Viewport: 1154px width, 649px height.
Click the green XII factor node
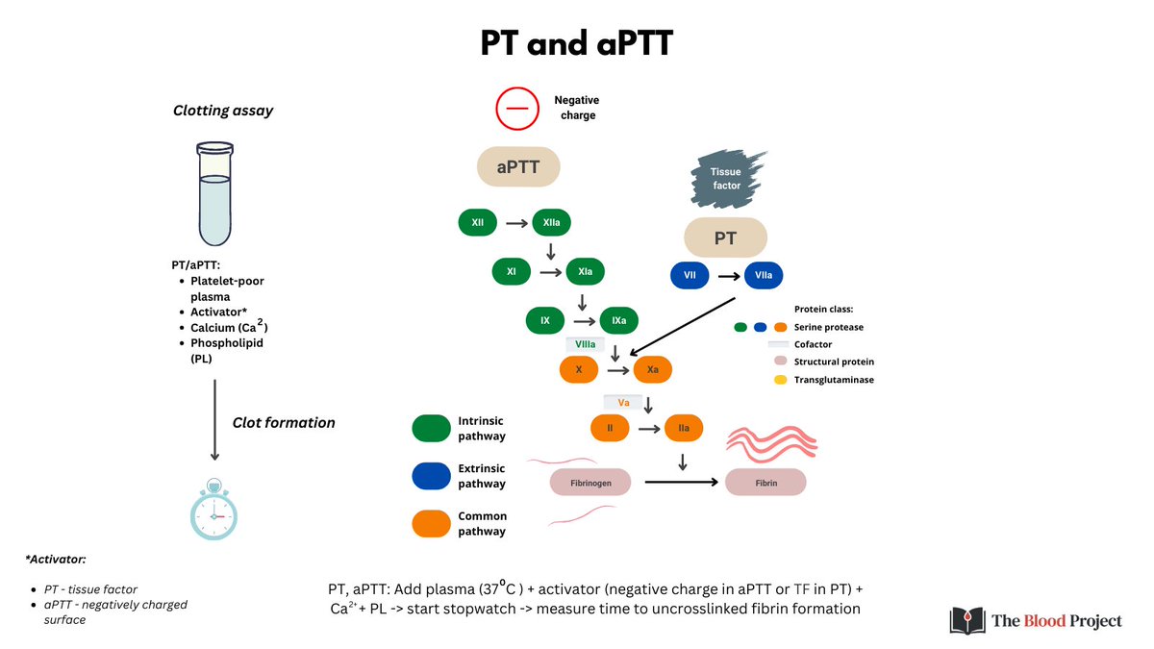pyautogui.click(x=478, y=223)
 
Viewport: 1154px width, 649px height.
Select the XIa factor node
pyautogui.click(x=585, y=272)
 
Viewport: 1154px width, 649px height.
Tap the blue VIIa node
pyautogui.click(x=764, y=276)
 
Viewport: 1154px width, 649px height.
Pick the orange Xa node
pyautogui.click(x=652, y=369)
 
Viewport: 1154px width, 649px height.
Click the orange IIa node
pyautogui.click(x=683, y=428)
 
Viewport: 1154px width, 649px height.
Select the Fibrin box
pyautogui.click(x=765, y=482)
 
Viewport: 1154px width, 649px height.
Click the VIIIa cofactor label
pyautogui.click(x=586, y=344)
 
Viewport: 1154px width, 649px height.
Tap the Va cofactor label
pyautogui.click(x=623, y=403)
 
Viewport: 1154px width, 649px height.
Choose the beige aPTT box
pyautogui.click(x=518, y=167)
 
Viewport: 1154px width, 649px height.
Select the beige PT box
pyautogui.click(x=725, y=237)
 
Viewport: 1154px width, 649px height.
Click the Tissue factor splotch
pyautogui.click(x=727, y=178)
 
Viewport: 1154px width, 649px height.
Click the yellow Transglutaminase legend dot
pyautogui.click(x=780, y=380)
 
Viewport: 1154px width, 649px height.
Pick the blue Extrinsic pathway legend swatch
pyautogui.click(x=431, y=475)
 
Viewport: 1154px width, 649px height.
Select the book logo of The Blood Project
pyautogui.click(x=965, y=621)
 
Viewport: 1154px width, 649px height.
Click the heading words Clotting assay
pyautogui.click(x=223, y=111)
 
